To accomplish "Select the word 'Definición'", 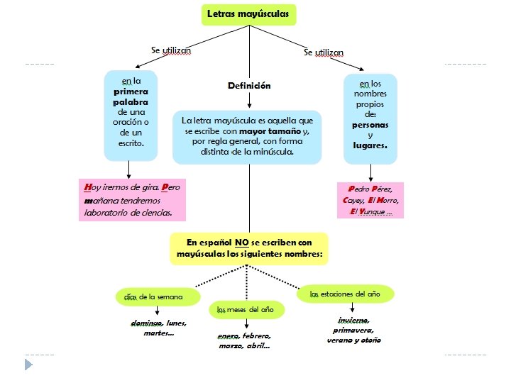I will (x=249, y=86).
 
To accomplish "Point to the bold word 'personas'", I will (x=370, y=124).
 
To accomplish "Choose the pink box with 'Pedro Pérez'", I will (x=370, y=200).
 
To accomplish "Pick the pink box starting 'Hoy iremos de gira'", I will (x=131, y=200).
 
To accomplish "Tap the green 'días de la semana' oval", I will (x=153, y=296).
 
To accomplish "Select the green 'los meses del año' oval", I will (x=246, y=309).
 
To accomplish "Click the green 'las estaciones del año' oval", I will (x=345, y=293).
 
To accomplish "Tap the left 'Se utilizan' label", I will (x=171, y=50).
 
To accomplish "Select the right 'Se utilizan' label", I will (x=324, y=52).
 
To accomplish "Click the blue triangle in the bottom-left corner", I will (x=28, y=364).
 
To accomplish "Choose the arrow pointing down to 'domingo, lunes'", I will (x=155, y=313).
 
